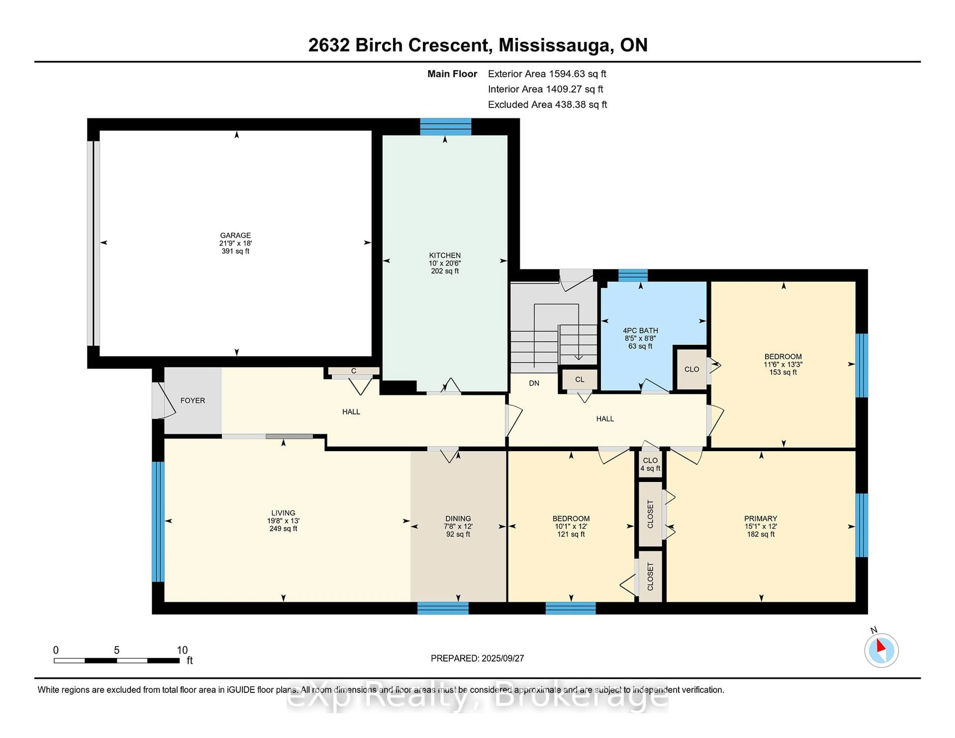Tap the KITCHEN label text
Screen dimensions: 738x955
[x=445, y=255]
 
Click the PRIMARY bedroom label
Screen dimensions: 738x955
[x=761, y=518]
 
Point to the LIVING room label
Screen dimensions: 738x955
[x=283, y=513]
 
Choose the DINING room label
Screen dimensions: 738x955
[x=458, y=518]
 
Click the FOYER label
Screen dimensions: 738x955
[x=192, y=401]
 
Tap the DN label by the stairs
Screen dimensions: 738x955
[x=534, y=383]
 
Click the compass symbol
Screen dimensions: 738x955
[x=881, y=650]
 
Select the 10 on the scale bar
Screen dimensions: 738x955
[x=182, y=650]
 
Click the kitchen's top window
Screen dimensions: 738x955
[x=446, y=127]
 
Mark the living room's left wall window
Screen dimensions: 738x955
[x=158, y=522]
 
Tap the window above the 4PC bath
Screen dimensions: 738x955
[x=633, y=276]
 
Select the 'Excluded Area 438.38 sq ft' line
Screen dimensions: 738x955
[x=547, y=104]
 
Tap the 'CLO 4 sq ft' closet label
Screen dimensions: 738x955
[x=650, y=464]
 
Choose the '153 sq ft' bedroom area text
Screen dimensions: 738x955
[x=783, y=372]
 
